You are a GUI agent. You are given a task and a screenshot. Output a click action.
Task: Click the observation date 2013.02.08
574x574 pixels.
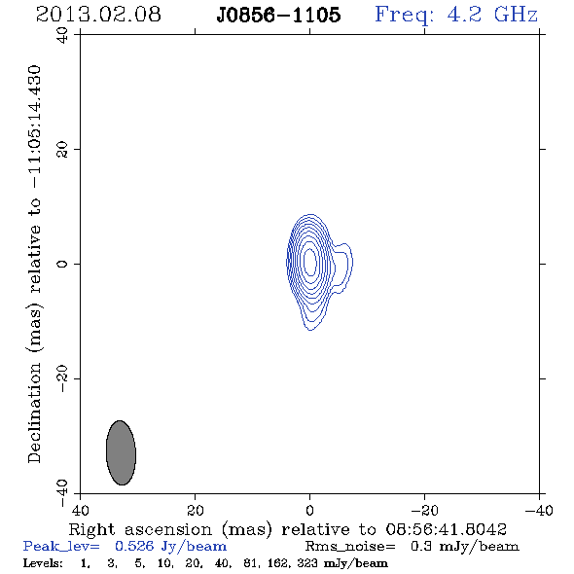(98, 15)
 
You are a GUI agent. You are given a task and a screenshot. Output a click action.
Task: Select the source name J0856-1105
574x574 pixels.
(278, 15)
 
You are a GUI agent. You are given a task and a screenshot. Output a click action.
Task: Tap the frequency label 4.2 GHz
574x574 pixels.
(492, 15)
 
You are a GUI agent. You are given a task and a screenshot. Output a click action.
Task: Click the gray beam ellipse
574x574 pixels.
(121, 452)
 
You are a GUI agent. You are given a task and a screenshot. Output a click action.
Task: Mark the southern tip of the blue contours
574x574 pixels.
(310, 330)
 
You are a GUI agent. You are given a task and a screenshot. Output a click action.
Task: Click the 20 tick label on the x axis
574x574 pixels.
(196, 510)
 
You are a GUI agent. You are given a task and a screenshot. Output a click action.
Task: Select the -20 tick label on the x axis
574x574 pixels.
(424, 510)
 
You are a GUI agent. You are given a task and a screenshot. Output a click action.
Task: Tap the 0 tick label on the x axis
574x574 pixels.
(309, 510)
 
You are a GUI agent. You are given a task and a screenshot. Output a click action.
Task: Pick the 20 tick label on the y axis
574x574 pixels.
(62, 150)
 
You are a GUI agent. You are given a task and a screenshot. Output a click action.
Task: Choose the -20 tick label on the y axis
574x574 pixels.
(62, 378)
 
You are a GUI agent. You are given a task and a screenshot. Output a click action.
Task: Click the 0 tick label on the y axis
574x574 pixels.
(62, 264)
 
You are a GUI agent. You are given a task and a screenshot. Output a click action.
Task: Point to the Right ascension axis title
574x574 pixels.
(288, 529)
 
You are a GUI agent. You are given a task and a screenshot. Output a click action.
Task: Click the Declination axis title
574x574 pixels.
(34, 264)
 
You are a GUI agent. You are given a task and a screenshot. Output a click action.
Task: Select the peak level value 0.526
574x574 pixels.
(134, 546)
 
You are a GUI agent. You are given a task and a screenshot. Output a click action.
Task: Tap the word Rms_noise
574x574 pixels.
(350, 547)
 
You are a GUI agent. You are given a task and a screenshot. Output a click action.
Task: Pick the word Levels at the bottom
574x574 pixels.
(43, 562)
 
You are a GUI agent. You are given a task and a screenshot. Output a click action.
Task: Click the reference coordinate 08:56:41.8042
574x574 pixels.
(447, 529)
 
